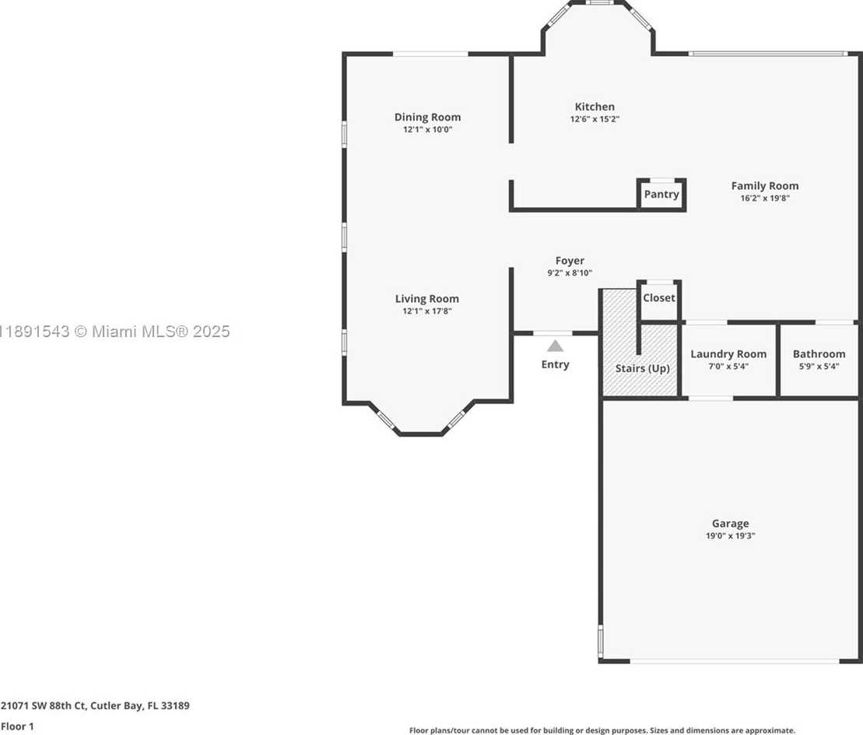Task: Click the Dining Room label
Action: click(428, 117)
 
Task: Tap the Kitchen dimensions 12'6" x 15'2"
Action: click(595, 119)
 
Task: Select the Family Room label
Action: click(764, 186)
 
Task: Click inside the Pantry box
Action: click(661, 195)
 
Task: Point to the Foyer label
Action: click(570, 261)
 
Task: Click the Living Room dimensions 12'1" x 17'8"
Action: click(427, 311)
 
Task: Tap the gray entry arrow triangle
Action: click(556, 346)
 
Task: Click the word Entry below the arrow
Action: click(555, 364)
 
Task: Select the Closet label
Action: click(659, 298)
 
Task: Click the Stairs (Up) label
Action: click(642, 368)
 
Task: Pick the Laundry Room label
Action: click(728, 354)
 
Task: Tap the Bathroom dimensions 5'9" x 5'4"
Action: click(819, 366)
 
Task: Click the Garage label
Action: click(731, 523)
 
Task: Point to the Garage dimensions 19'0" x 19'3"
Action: click(731, 536)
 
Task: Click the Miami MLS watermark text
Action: click(115, 332)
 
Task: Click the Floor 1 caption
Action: click(18, 726)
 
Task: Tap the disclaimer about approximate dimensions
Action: click(602, 730)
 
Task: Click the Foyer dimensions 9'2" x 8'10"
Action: click(570, 273)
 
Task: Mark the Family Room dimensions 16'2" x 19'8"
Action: click(764, 199)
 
